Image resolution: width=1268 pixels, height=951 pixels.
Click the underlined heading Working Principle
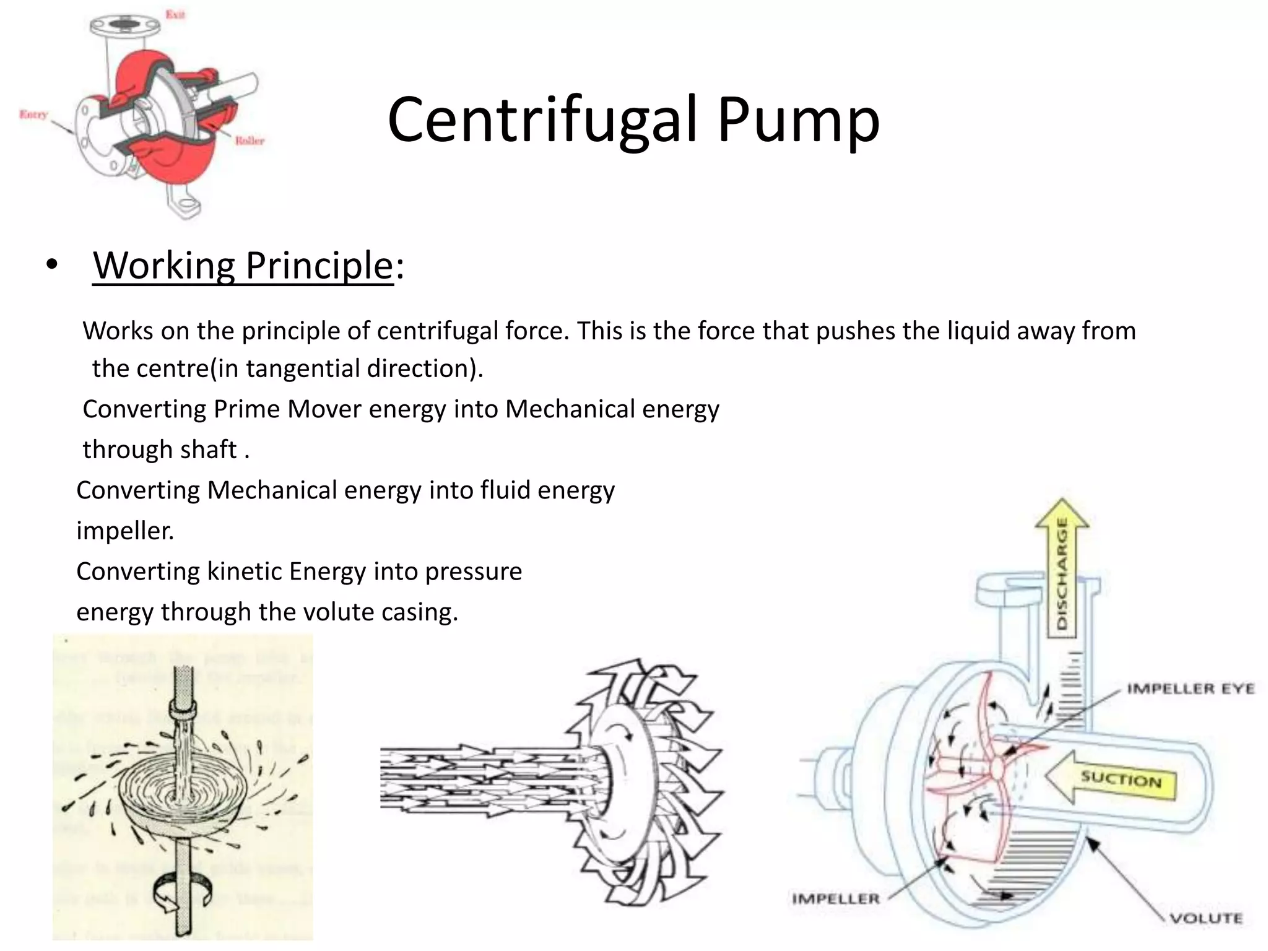(243, 266)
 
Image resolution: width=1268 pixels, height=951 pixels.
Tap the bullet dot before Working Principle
(52, 265)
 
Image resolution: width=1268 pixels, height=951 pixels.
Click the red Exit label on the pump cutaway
(175, 14)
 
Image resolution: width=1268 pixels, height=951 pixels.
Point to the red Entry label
(33, 115)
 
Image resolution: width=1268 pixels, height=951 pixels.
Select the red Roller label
(249, 141)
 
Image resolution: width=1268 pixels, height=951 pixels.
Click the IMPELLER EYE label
(1190, 689)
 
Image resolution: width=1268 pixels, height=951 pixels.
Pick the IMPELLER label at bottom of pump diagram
(836, 898)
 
